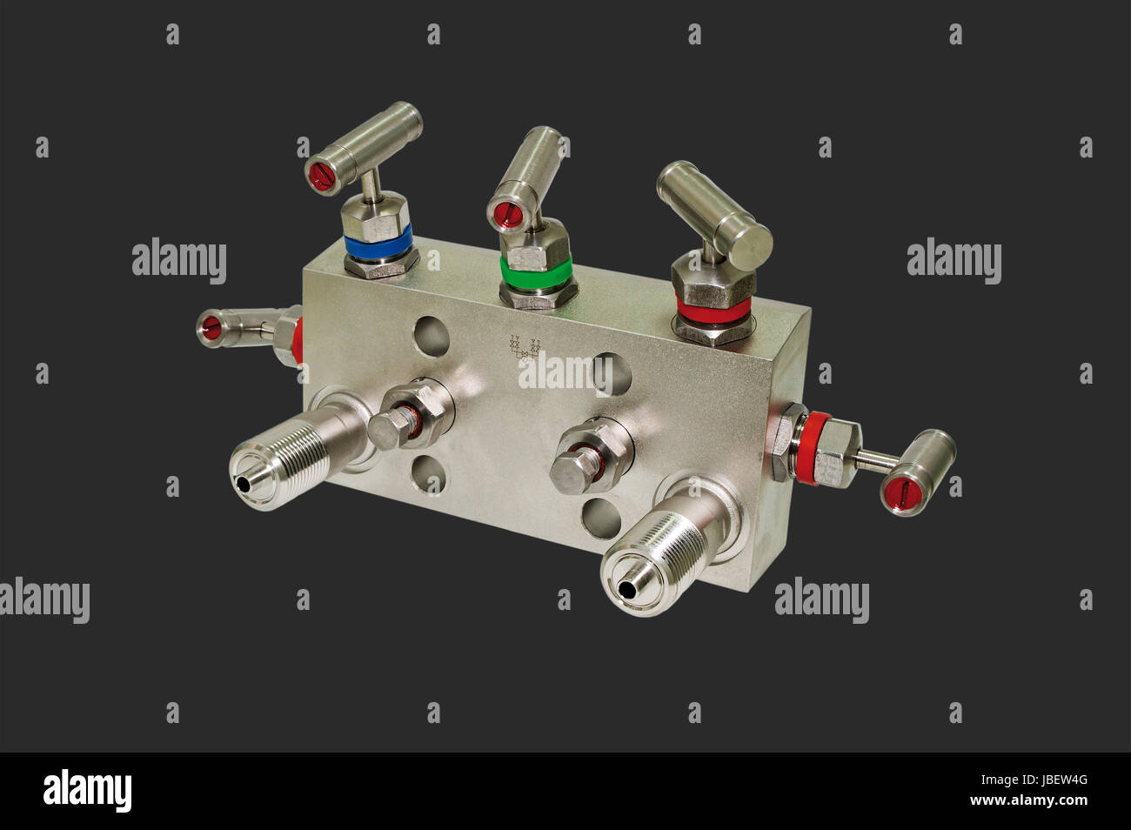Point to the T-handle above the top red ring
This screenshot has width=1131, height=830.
715,205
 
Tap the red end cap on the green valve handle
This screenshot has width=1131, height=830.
504,211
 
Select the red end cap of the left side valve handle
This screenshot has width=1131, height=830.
211,327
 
